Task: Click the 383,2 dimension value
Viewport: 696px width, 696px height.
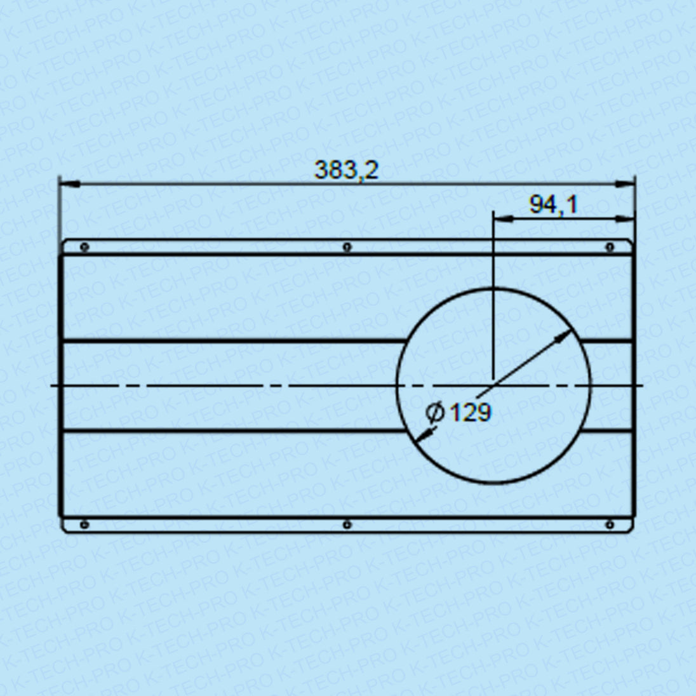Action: point(346,170)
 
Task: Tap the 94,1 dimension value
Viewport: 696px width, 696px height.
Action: point(553,204)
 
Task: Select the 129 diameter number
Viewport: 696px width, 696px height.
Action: point(471,412)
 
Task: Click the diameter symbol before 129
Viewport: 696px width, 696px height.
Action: point(434,412)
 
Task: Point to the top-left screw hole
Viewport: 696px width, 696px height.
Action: point(84,247)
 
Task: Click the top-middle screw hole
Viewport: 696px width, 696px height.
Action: point(347,247)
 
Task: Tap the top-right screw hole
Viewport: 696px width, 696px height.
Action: point(610,247)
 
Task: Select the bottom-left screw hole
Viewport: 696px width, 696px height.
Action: point(84,525)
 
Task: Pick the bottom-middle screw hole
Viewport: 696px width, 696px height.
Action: point(347,525)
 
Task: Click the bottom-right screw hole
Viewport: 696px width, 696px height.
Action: point(610,525)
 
